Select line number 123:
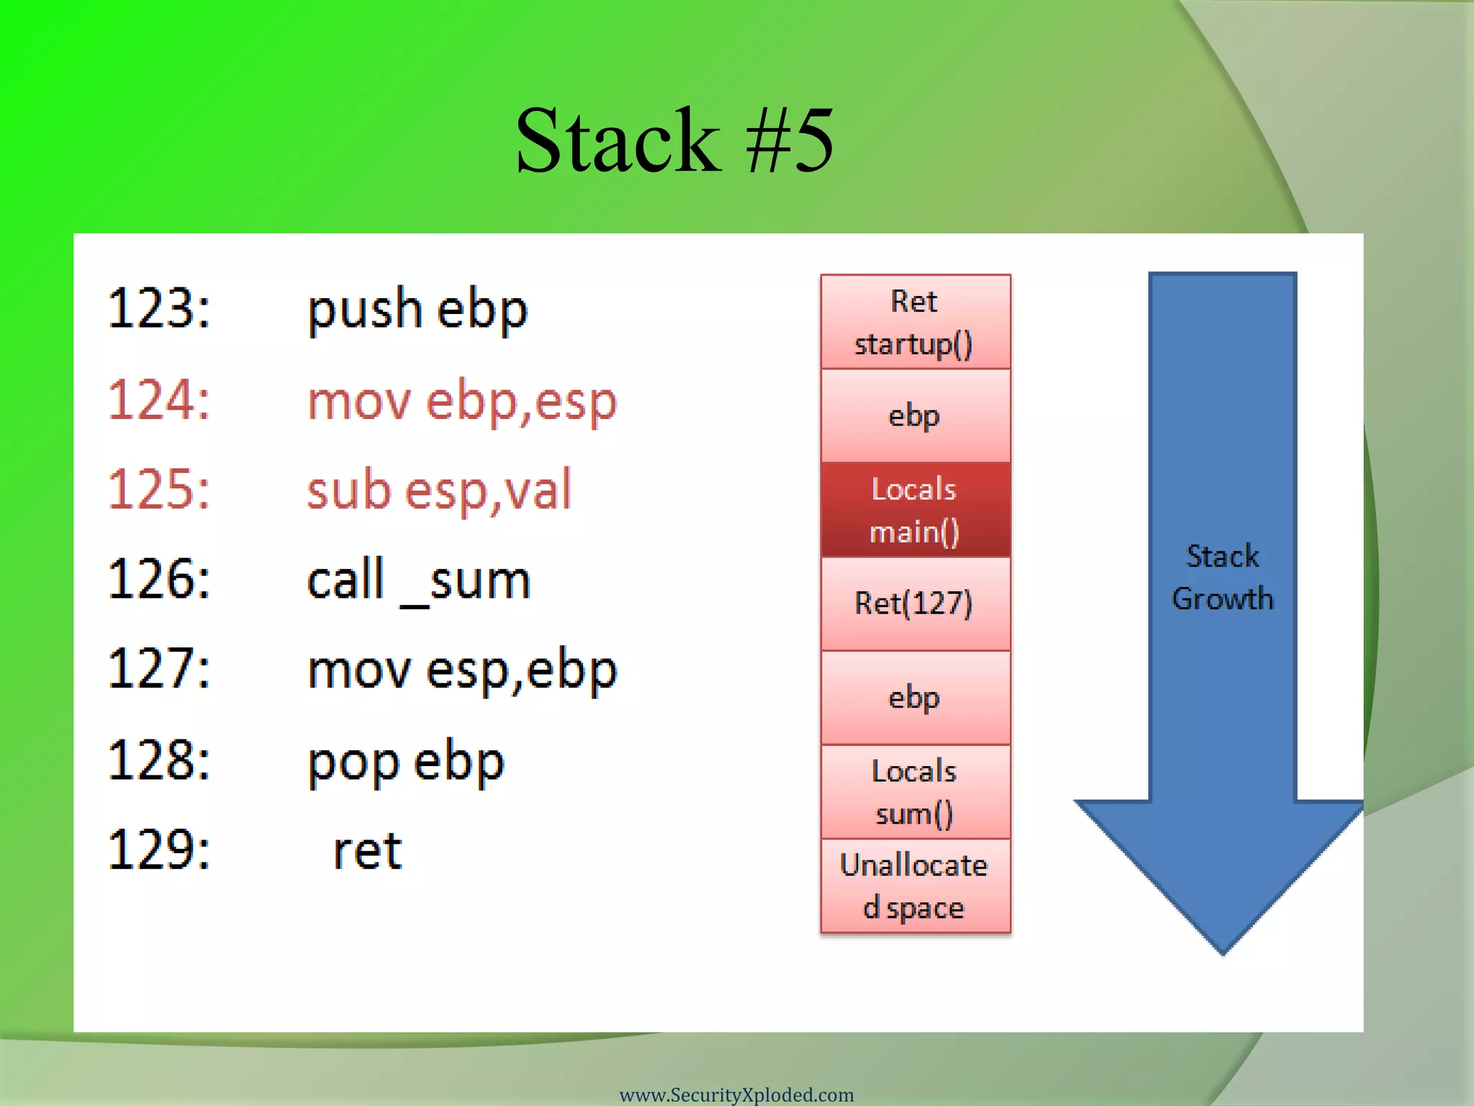click(x=159, y=309)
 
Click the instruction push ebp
click(x=417, y=310)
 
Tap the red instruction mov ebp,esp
click(x=462, y=401)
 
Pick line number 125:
click(x=159, y=490)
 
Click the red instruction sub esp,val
click(x=439, y=490)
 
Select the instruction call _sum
click(x=419, y=580)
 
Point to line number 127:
click(x=159, y=669)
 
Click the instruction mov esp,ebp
click(x=462, y=670)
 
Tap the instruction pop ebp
click(x=406, y=762)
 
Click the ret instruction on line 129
click(x=367, y=851)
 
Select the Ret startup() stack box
click(x=915, y=322)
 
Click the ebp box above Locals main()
click(x=915, y=415)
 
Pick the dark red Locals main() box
click(x=915, y=510)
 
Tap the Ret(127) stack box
click(x=915, y=603)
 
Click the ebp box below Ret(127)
click(x=915, y=698)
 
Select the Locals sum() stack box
click(x=915, y=791)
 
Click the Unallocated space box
click(x=915, y=886)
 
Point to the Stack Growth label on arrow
click(x=1222, y=577)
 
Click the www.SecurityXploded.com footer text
click(x=736, y=1094)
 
